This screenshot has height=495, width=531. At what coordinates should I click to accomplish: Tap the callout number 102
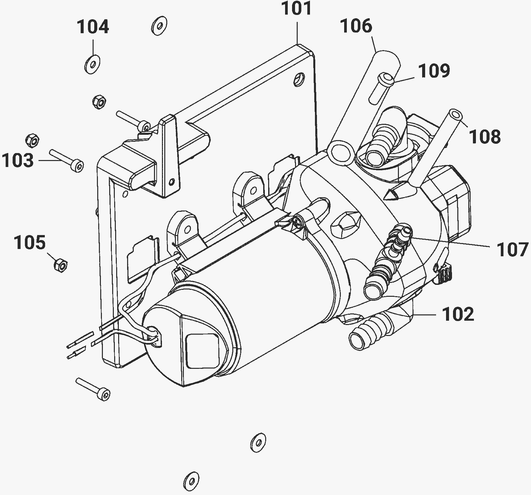click(x=458, y=314)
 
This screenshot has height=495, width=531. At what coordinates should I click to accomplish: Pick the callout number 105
click(x=30, y=243)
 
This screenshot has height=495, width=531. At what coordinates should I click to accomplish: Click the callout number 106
click(x=356, y=26)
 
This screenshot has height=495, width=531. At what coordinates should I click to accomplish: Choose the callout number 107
click(x=512, y=250)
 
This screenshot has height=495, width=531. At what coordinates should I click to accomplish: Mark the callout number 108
click(x=485, y=136)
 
